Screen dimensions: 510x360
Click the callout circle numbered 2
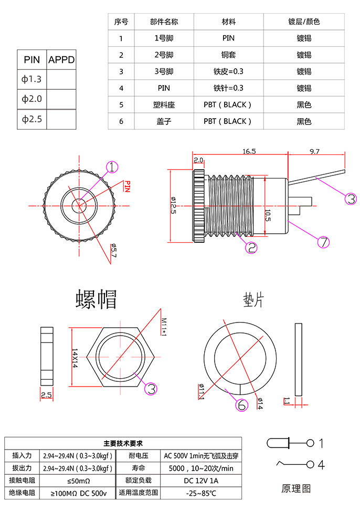coord(252,247)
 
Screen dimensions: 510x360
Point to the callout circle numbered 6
coord(242,405)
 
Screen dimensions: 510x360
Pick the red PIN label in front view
coord(127,186)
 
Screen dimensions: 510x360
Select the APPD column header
coord(61,60)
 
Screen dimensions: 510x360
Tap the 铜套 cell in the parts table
coord(228,55)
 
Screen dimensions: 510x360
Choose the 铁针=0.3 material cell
coord(228,88)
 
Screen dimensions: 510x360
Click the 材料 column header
coord(228,22)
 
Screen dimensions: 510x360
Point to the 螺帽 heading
coord(96,299)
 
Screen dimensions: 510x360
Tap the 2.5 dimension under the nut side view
coord(46,394)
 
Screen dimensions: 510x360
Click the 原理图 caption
coord(296,488)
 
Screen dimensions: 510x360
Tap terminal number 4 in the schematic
coord(321,465)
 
